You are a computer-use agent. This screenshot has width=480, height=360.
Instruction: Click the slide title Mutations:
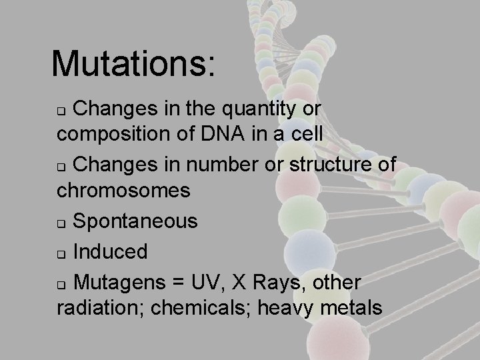pos(133,64)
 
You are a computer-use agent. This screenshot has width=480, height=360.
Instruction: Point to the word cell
pos(306,133)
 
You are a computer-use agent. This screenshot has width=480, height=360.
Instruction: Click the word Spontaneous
pos(135,221)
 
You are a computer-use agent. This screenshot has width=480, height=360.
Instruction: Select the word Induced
pos(110,251)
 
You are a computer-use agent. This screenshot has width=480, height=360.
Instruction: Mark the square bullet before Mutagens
pos(61,284)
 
